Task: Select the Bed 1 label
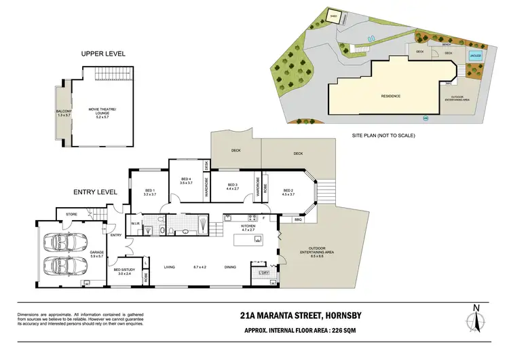(x=150, y=192)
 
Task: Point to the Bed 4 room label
(x=187, y=181)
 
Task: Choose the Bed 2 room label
(x=288, y=192)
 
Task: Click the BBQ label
(x=297, y=219)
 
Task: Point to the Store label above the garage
(x=72, y=215)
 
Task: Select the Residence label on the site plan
(x=390, y=96)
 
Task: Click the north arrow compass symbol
(x=476, y=319)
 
